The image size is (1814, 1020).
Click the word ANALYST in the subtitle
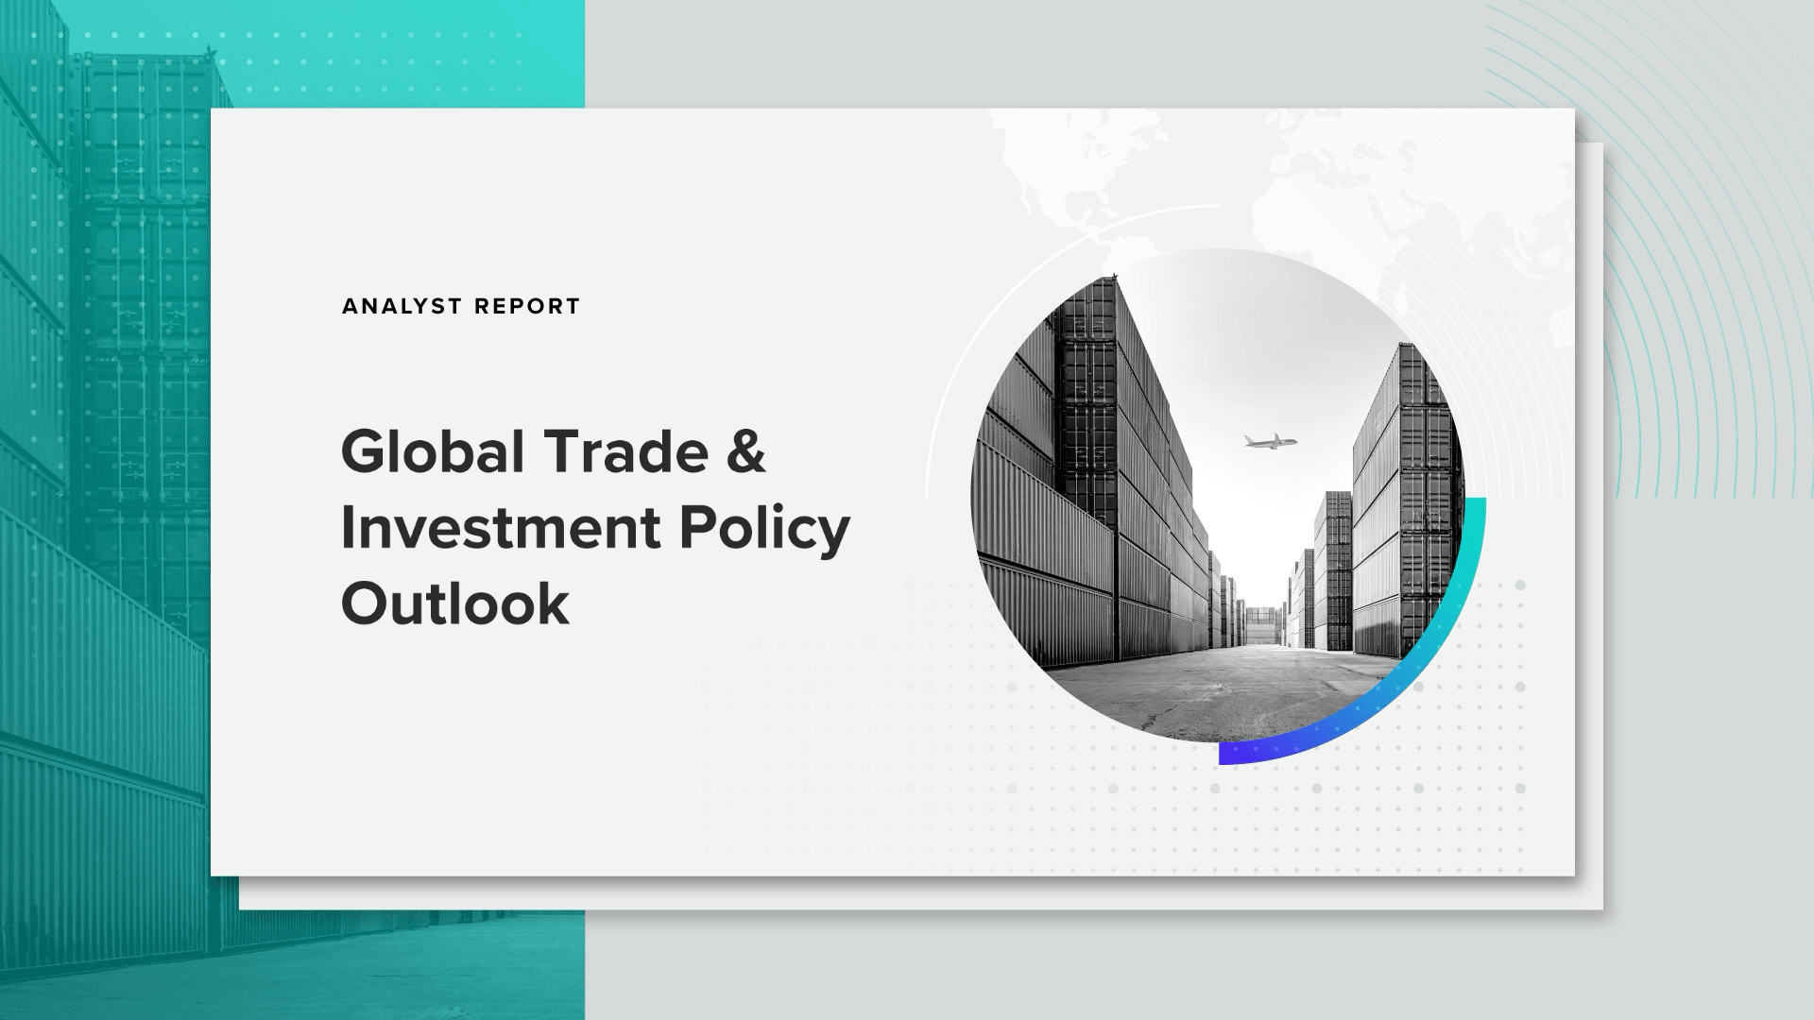click(x=402, y=306)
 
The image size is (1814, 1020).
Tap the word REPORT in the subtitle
click(x=527, y=306)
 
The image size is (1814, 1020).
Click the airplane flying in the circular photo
click(x=1270, y=441)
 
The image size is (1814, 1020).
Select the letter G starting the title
click(x=365, y=451)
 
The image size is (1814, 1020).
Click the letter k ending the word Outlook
click(x=556, y=603)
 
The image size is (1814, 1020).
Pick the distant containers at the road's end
click(x=1260, y=627)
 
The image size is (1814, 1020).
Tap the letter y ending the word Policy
click(x=835, y=538)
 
